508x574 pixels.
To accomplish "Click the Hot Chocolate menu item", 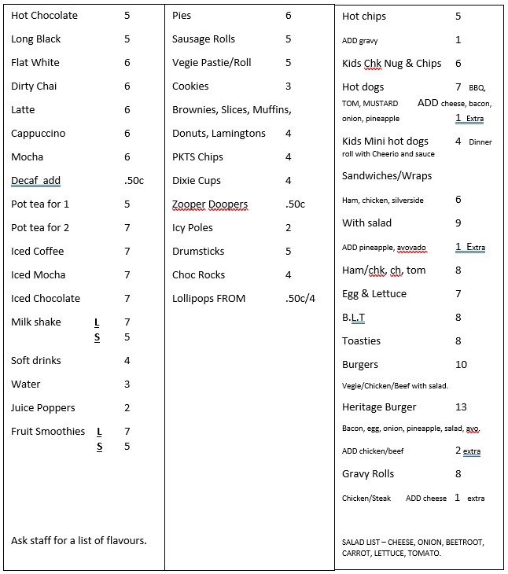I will (x=44, y=16).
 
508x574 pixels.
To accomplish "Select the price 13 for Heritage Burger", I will (x=461, y=407).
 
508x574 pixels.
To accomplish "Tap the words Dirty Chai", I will (x=34, y=86).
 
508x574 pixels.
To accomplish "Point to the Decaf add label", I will (x=35, y=181).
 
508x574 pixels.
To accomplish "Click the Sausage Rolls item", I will (x=204, y=39).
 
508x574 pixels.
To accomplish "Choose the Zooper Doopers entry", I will (x=209, y=204).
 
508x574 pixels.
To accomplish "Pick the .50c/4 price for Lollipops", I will (x=300, y=299).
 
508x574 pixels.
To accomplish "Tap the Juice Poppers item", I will (x=43, y=408).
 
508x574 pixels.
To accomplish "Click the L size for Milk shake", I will (x=97, y=322).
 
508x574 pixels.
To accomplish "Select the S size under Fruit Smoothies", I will (x=100, y=447).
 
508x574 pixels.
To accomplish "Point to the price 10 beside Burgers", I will (x=461, y=365).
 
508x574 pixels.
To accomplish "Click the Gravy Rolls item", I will (x=368, y=474).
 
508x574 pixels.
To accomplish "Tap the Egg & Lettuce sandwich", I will (x=374, y=294).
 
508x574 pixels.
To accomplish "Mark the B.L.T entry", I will (x=354, y=318).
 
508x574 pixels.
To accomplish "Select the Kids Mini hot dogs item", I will (x=385, y=142).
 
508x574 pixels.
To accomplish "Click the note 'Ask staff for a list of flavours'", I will (x=79, y=541).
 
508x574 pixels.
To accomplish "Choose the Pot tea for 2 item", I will (x=40, y=228).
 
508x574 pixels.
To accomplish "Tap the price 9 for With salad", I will (x=458, y=223).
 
